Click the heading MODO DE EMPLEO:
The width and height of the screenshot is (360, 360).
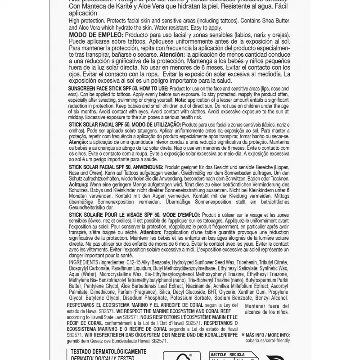click(x=94, y=35)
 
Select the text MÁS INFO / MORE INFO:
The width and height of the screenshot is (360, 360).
click(x=266, y=335)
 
